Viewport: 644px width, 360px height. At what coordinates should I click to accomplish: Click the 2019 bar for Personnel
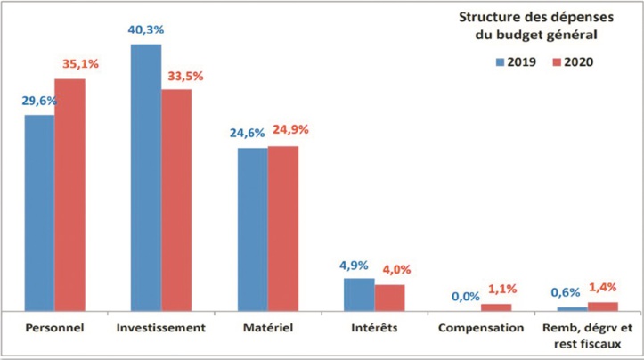coord(39,212)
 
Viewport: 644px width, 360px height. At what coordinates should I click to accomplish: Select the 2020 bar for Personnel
coord(69,194)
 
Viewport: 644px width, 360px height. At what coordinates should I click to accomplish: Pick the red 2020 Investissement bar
coord(176,200)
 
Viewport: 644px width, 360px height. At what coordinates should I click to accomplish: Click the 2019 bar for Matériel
coord(252,229)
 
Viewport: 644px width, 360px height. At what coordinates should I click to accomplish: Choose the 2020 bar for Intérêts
coord(389,298)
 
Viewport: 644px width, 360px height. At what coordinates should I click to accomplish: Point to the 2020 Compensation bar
coord(496,307)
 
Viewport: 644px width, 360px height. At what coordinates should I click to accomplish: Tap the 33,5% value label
coord(184,76)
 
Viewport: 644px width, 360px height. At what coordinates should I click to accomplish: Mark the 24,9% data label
coord(289,130)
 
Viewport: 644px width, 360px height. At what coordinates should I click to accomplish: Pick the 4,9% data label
coord(359,265)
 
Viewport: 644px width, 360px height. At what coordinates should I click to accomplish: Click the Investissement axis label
coord(161,328)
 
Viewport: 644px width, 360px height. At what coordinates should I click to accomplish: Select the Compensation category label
coord(481,328)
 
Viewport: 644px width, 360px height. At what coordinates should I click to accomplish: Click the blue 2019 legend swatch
coord(500,62)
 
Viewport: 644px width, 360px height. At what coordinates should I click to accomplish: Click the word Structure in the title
coord(488,18)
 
